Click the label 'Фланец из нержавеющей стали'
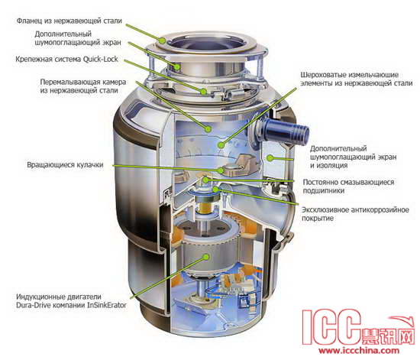[69, 21]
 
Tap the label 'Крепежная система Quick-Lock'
[66, 59]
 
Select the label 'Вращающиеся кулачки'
[65, 164]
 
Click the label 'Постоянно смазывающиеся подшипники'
[348, 186]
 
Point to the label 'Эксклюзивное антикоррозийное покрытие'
[355, 214]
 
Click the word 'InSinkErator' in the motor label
[107, 305]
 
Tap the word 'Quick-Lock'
[101, 59]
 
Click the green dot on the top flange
[163, 41]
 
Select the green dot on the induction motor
[205, 257]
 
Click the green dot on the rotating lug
[221, 170]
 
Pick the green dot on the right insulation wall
[270, 158]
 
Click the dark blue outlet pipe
[286, 132]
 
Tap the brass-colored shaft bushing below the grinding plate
[206, 207]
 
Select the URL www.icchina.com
[359, 350]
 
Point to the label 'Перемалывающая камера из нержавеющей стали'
[83, 86]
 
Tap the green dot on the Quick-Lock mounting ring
[204, 92]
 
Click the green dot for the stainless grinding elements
[221, 145]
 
